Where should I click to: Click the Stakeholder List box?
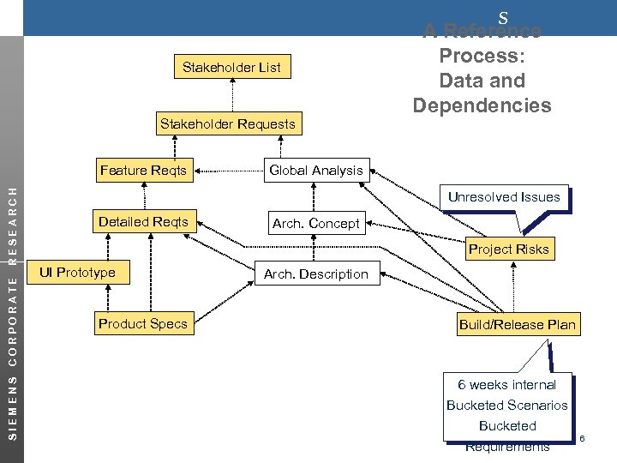pyautogui.click(x=231, y=67)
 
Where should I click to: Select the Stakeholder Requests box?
pyautogui.click(x=228, y=123)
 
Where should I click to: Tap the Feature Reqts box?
pyautogui.click(x=142, y=170)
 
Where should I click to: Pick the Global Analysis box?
pyautogui.click(x=316, y=170)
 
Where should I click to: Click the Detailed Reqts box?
pyautogui.click(x=143, y=222)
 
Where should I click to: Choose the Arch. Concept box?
pyautogui.click(x=315, y=224)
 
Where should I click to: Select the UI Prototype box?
pyautogui.click(x=76, y=273)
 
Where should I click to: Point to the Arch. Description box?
pyautogui.click(x=315, y=274)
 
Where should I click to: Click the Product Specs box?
pyautogui.click(x=142, y=324)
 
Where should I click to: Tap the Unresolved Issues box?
pyautogui.click(x=505, y=197)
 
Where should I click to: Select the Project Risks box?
pyautogui.click(x=508, y=250)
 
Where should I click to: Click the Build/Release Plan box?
pyautogui.click(x=518, y=324)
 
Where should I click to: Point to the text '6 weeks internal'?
pyautogui.click(x=506, y=385)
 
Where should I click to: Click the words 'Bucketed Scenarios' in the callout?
pyautogui.click(x=506, y=406)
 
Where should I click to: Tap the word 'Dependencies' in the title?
pyautogui.click(x=482, y=105)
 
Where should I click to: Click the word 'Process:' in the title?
pyautogui.click(x=482, y=56)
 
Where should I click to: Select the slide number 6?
pyautogui.click(x=582, y=439)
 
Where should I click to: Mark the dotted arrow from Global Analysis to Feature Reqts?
pyautogui.click(x=227, y=170)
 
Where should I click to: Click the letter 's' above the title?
pyautogui.click(x=503, y=16)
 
